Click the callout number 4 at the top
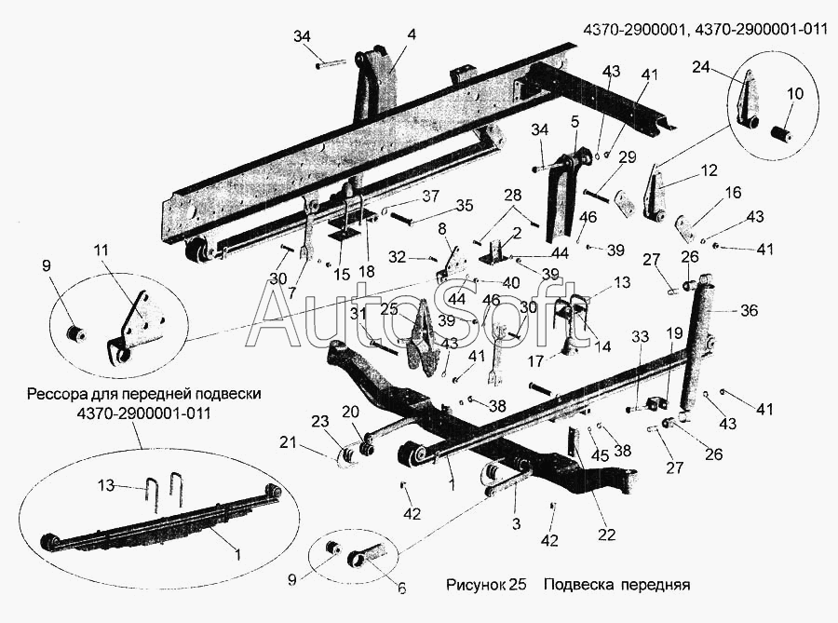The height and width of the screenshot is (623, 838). point(411,34)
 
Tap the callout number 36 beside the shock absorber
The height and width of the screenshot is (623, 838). point(749,310)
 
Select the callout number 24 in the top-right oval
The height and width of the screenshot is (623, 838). point(701,67)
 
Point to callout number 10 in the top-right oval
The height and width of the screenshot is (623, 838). point(795,93)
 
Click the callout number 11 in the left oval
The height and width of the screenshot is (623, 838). point(101,251)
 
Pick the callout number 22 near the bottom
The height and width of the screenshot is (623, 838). point(606,535)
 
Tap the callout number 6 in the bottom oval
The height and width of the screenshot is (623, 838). point(401,589)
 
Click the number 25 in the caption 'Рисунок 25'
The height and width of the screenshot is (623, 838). point(518,585)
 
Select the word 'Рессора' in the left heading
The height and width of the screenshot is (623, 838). point(57,394)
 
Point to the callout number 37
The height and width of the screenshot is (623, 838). point(430,196)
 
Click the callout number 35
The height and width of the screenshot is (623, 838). point(465,205)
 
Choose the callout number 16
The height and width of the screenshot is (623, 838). point(734,193)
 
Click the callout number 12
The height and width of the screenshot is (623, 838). point(709,171)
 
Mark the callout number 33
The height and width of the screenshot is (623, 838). point(640,336)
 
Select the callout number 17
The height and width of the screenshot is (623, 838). point(535,361)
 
